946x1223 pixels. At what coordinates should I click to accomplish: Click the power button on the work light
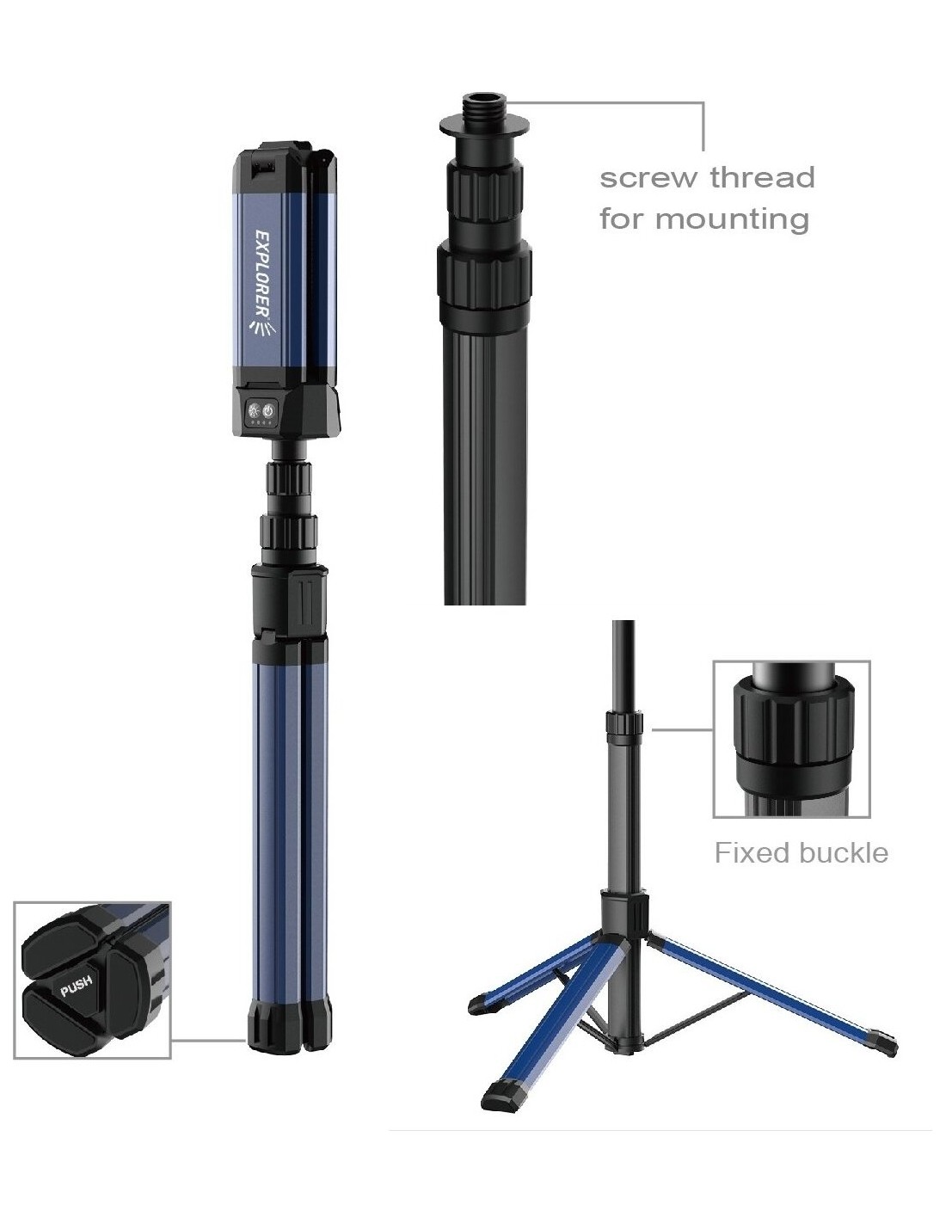(x=268, y=411)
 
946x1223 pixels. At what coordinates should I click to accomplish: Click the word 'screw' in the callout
(x=650, y=178)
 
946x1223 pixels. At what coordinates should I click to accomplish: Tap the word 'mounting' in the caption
(x=733, y=220)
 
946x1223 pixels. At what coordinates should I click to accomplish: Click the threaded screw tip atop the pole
(x=484, y=105)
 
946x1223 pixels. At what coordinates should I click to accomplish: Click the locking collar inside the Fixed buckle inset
(x=793, y=730)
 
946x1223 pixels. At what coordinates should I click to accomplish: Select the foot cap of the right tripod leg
(x=882, y=1040)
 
